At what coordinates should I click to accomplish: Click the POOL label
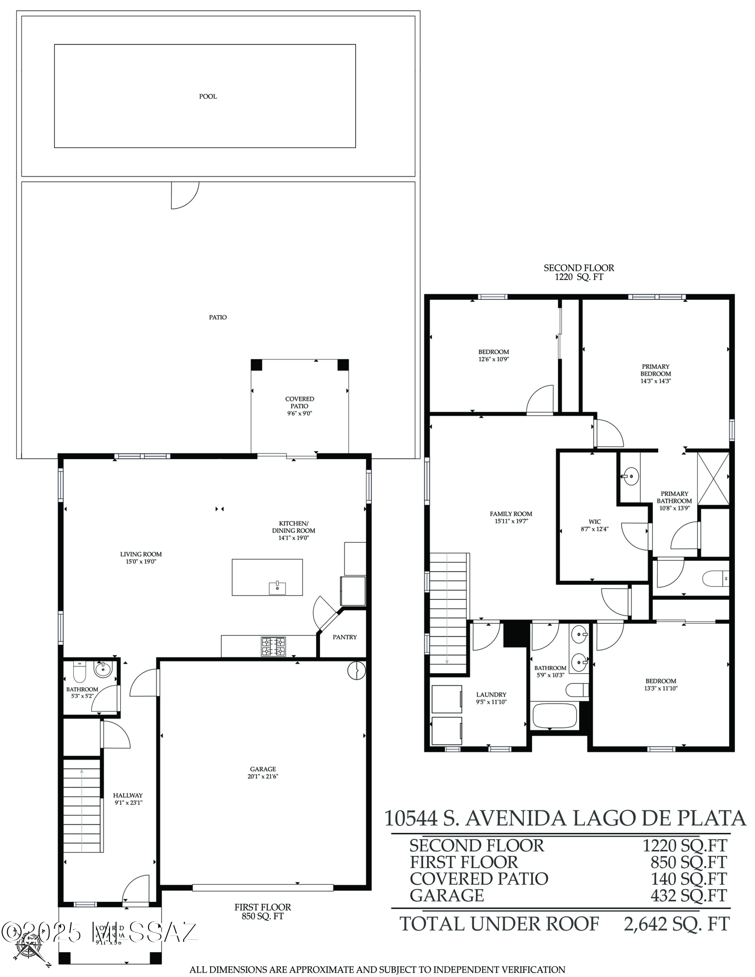pos(208,96)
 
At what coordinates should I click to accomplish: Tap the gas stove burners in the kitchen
pos(273,647)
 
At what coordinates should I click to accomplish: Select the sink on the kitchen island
pos(277,588)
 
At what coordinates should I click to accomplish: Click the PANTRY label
pos(345,637)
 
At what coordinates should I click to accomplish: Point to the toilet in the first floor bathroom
pos(79,674)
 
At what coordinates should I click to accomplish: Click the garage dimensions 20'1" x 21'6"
pos(263,776)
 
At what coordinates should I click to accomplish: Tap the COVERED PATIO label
pos(300,403)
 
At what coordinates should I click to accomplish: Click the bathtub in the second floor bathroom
pos(555,715)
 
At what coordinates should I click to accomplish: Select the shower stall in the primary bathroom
pos(713,479)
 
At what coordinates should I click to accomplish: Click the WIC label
pos(595,522)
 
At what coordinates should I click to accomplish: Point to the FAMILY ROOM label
pos(511,513)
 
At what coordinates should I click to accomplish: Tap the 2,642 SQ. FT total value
pos(676,924)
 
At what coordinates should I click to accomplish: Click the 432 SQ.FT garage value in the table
pos(689,895)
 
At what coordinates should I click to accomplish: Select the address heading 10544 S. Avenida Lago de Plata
pos(565,818)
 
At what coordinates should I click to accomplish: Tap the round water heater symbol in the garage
pos(356,670)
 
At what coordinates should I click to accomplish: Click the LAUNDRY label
pos(491,695)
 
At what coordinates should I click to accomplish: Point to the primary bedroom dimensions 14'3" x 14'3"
pos(655,381)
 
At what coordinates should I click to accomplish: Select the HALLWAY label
pos(128,795)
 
